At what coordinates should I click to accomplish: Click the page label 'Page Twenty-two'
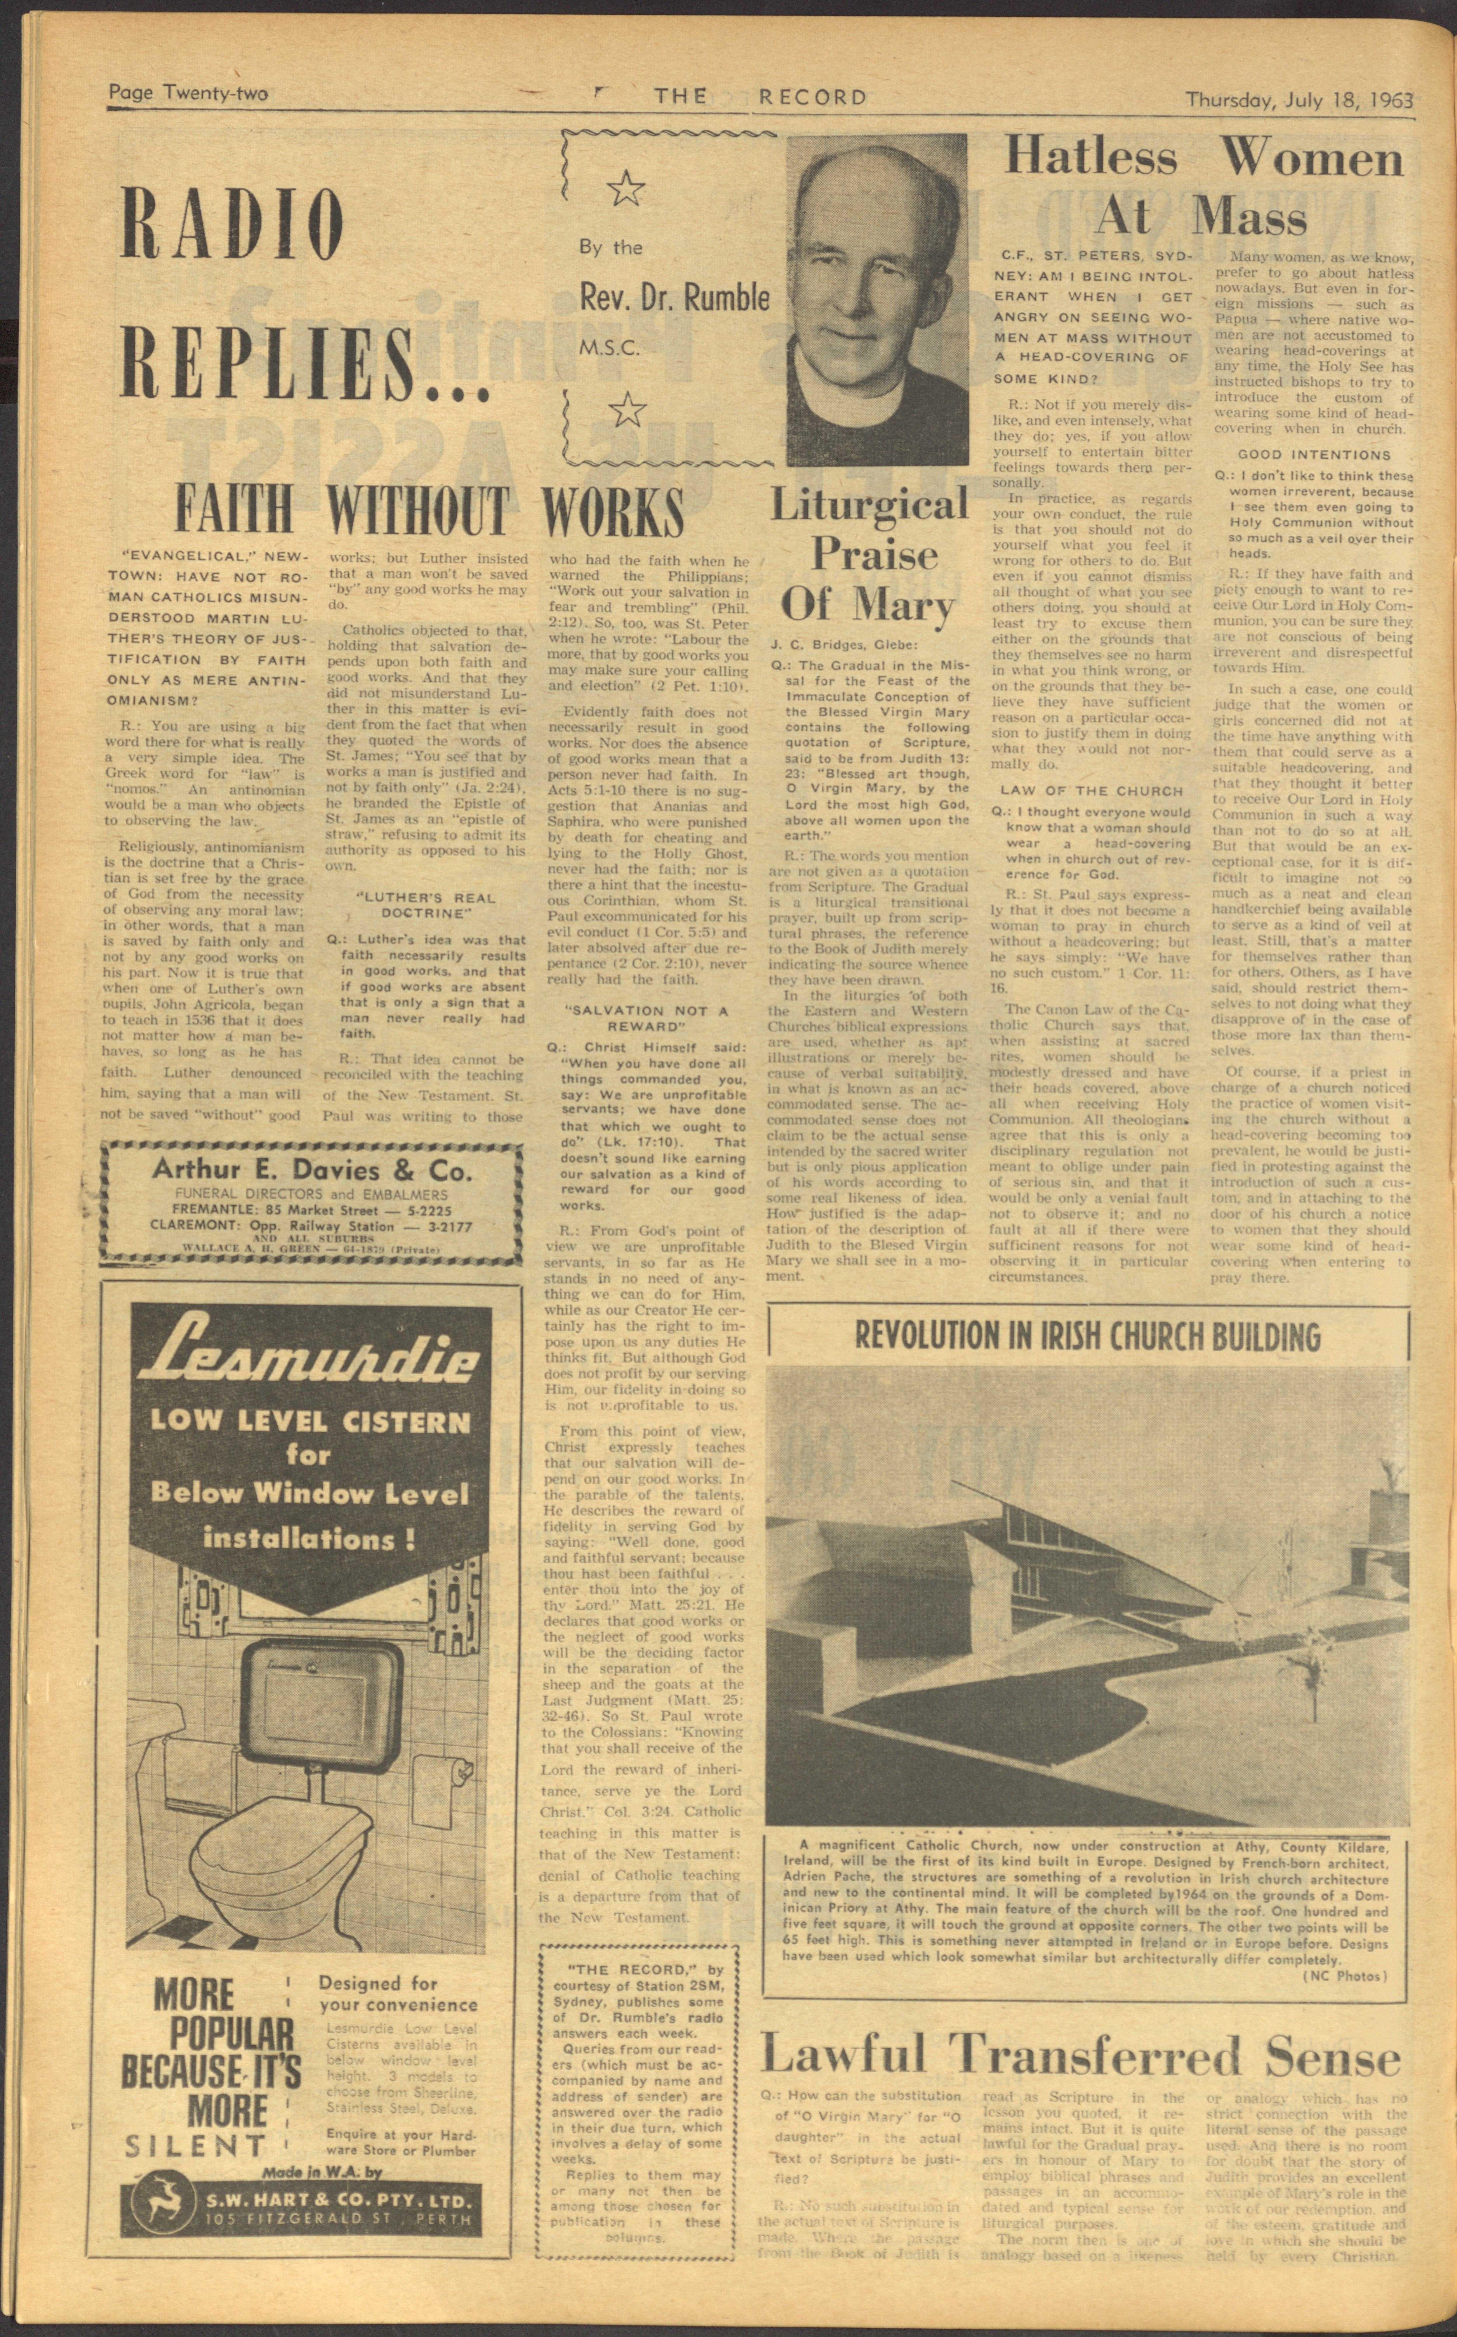(188, 93)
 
